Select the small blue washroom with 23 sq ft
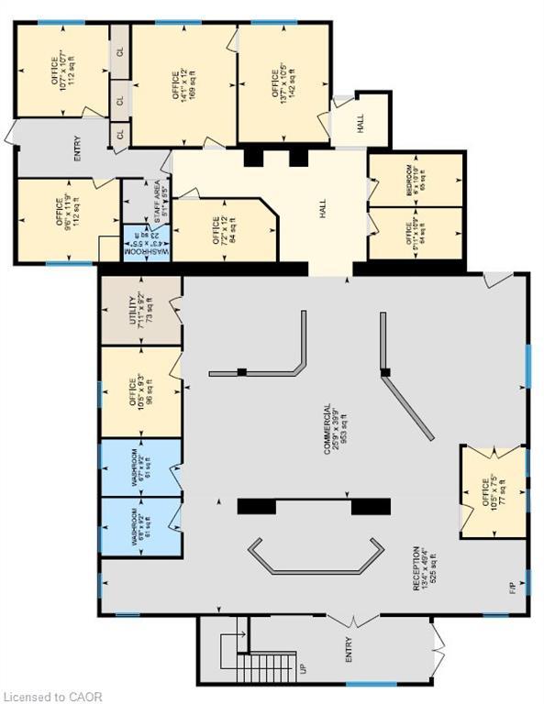click(x=147, y=245)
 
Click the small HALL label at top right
click(x=360, y=123)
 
